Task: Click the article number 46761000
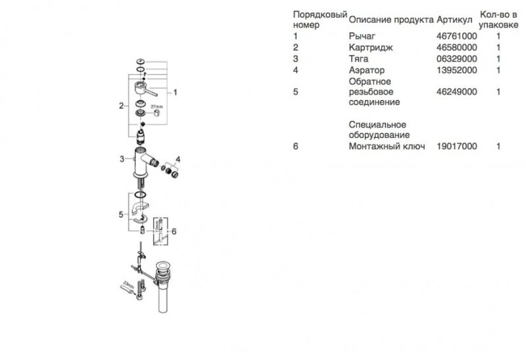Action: (x=457, y=36)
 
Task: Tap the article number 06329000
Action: (x=457, y=58)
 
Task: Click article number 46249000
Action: (x=457, y=92)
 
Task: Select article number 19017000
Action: (x=457, y=146)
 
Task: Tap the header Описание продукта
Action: (x=391, y=20)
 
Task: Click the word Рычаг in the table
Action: (x=360, y=36)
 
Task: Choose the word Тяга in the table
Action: (x=358, y=58)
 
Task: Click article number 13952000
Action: (x=457, y=70)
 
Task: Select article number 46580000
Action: (x=457, y=47)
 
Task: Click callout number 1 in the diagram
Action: (x=176, y=93)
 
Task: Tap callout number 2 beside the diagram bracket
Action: (x=121, y=105)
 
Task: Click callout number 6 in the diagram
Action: (x=174, y=231)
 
